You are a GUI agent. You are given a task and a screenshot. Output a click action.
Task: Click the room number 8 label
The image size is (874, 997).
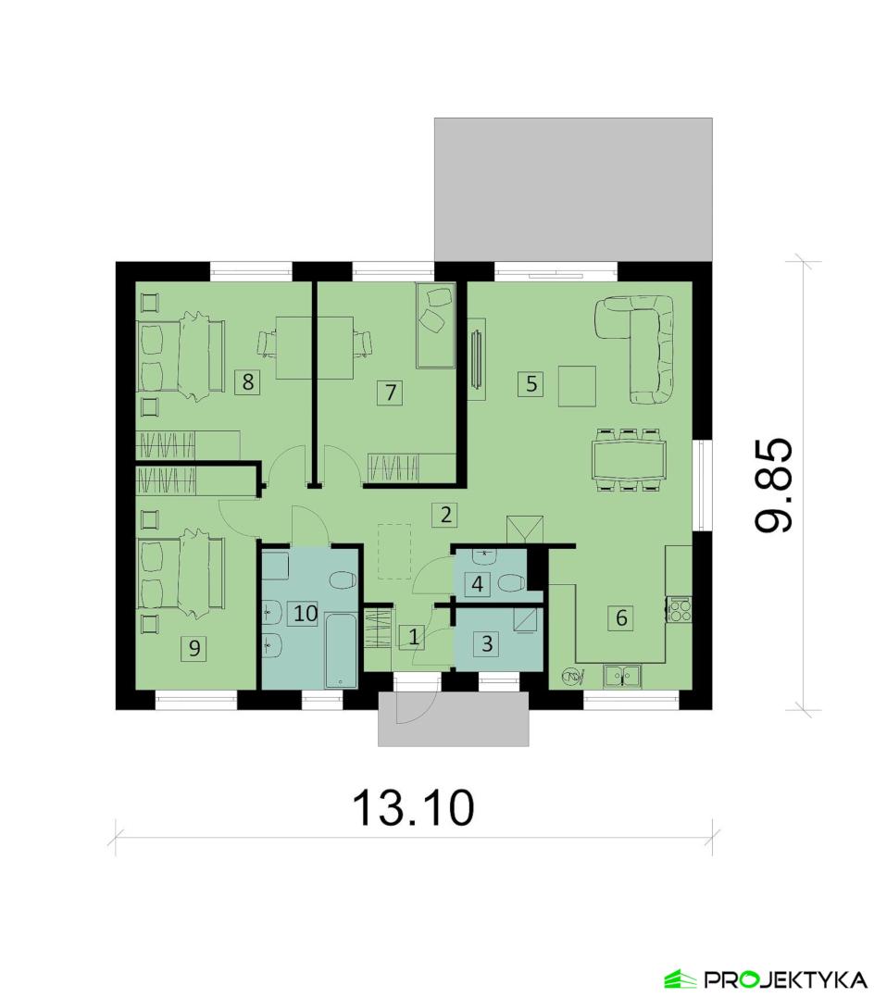click(x=247, y=382)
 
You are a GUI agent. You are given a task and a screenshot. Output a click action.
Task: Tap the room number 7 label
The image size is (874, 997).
click(x=390, y=393)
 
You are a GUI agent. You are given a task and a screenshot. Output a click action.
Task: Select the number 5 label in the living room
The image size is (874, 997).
click(x=531, y=384)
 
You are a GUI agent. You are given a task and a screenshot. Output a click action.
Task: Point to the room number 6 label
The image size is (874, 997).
click(x=621, y=617)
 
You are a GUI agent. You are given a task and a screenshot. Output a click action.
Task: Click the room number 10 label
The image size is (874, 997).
click(x=305, y=614)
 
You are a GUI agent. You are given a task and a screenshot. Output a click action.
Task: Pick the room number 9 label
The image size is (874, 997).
click(x=194, y=648)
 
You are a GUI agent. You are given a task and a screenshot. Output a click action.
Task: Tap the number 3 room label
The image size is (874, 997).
click(x=487, y=643)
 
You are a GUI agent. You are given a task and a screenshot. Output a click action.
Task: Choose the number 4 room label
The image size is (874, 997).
click(x=478, y=584)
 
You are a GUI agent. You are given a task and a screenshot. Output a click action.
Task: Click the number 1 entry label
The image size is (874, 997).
click(x=414, y=636)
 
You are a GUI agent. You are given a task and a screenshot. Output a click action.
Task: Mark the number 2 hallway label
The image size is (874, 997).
click(x=445, y=514)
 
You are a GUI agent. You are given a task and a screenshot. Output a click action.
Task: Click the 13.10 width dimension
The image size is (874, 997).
click(x=413, y=808)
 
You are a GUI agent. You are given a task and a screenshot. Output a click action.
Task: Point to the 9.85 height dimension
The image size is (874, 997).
click(x=774, y=485)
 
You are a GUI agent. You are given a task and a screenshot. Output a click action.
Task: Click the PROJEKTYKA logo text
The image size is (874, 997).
click(x=784, y=979)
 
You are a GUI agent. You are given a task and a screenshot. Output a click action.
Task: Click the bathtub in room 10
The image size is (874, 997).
click(x=341, y=651)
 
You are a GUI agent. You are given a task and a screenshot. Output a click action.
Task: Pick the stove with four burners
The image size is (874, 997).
click(x=680, y=610)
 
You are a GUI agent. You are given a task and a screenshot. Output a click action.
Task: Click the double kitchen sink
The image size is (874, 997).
click(x=622, y=676)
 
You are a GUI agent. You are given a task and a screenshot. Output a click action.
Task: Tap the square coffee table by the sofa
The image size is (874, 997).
click(x=577, y=386)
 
